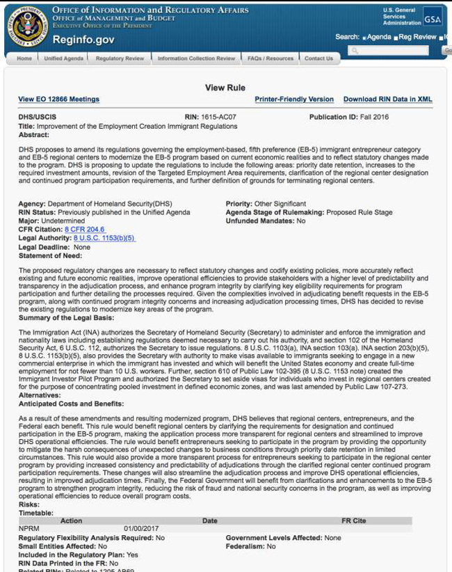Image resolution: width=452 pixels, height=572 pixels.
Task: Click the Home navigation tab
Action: [x=24, y=58]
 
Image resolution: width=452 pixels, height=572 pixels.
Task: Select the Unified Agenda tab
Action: [x=63, y=58]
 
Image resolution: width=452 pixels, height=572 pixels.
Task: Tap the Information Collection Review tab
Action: [x=196, y=58]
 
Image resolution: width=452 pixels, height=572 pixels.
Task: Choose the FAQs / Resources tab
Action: [x=271, y=58]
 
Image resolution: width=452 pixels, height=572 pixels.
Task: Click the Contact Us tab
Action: [x=318, y=58]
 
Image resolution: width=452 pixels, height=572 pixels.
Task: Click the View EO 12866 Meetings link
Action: [x=58, y=100]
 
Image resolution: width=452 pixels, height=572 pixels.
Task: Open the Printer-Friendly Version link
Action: [x=294, y=100]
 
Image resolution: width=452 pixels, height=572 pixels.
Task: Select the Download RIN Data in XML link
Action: [x=387, y=100]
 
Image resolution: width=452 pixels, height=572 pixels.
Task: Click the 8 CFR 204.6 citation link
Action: [x=85, y=229]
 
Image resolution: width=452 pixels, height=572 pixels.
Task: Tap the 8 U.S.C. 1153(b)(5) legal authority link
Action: [x=104, y=238]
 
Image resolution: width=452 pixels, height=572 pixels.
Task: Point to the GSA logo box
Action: [x=433, y=19]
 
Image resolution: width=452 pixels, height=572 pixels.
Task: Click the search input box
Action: [x=394, y=51]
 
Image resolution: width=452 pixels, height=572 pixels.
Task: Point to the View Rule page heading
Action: [x=225, y=88]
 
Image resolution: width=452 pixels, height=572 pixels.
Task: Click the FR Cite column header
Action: [x=353, y=521]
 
